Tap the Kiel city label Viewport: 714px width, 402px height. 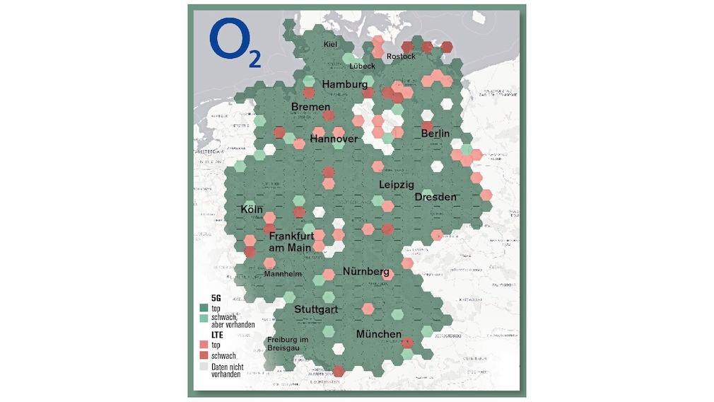click(x=330, y=45)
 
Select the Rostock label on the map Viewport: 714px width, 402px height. click(x=401, y=57)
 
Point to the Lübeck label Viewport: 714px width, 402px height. click(x=362, y=66)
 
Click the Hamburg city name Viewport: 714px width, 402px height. click(x=346, y=85)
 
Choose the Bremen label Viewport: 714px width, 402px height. click(x=310, y=108)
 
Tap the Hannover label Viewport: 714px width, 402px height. click(x=334, y=139)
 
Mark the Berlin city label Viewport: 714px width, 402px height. click(x=435, y=134)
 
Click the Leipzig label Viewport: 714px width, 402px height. click(x=396, y=185)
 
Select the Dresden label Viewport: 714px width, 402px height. click(x=435, y=197)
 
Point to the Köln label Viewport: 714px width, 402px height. click(x=252, y=210)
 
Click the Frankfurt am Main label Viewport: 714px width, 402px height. click(x=290, y=241)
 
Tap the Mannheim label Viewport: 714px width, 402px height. click(x=283, y=274)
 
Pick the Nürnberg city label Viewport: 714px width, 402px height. click(x=366, y=272)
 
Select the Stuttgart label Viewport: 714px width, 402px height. click(x=316, y=310)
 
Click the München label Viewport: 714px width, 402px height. click(x=379, y=334)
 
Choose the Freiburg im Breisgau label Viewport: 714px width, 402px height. click(x=288, y=345)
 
